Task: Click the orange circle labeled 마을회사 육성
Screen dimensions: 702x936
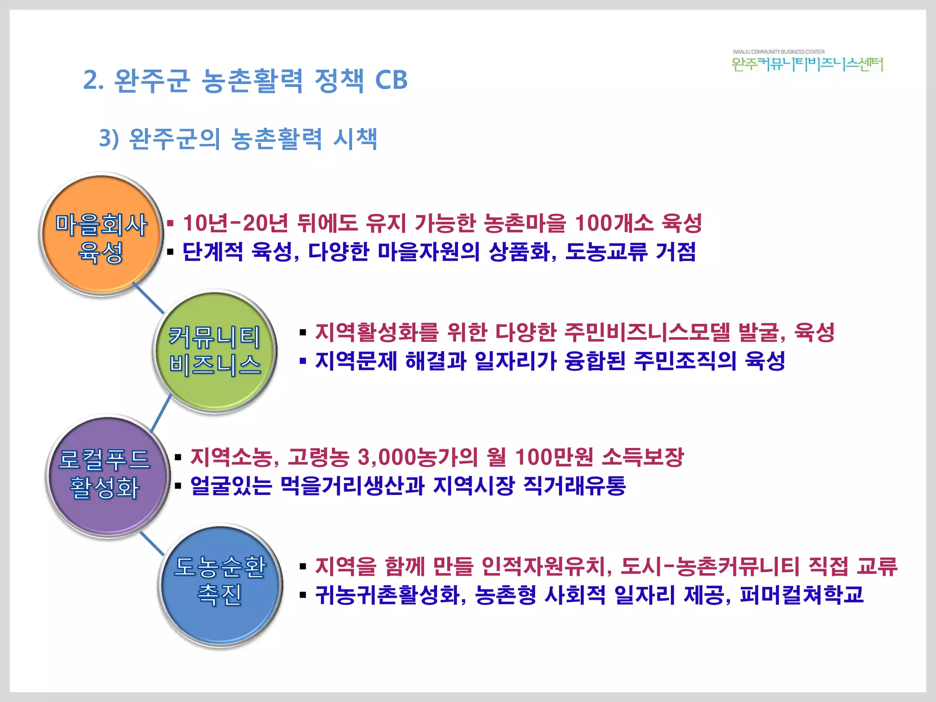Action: [101, 235]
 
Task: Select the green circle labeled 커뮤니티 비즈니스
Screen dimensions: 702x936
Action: [215, 351]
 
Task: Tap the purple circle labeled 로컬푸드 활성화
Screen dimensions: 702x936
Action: [107, 475]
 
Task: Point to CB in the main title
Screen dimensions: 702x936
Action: [391, 80]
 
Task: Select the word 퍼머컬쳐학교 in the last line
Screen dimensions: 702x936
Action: [801, 595]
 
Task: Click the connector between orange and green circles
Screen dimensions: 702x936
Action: [148, 298]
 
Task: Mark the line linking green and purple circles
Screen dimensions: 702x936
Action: [161, 414]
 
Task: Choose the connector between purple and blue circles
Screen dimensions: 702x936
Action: [152, 544]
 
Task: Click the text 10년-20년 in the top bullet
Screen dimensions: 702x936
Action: [235, 223]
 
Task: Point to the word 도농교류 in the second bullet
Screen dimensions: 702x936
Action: [606, 252]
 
